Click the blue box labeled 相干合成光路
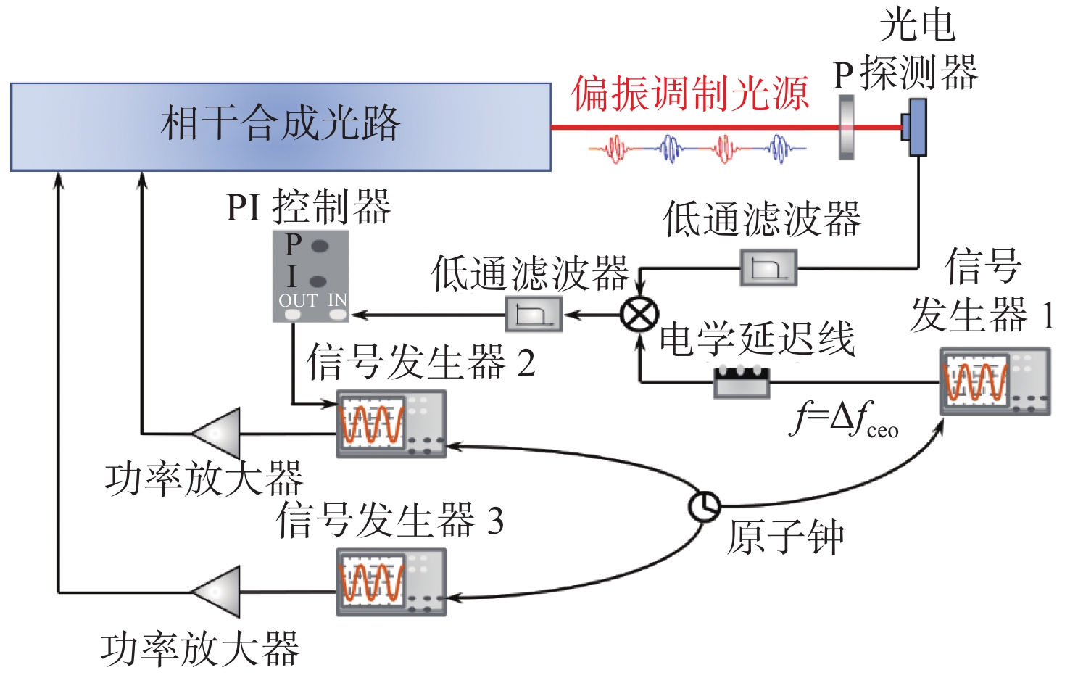281,127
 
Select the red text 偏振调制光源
689,94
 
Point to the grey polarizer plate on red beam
845,128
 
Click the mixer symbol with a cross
639,315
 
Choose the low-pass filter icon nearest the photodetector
768,268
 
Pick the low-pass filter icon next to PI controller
534,315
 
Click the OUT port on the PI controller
293,315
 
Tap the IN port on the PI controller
338,315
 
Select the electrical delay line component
741,381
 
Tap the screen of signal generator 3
373,580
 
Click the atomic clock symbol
703,505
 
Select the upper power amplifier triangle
217,433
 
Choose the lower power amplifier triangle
217,592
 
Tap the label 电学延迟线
757,339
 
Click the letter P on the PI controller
294,245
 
